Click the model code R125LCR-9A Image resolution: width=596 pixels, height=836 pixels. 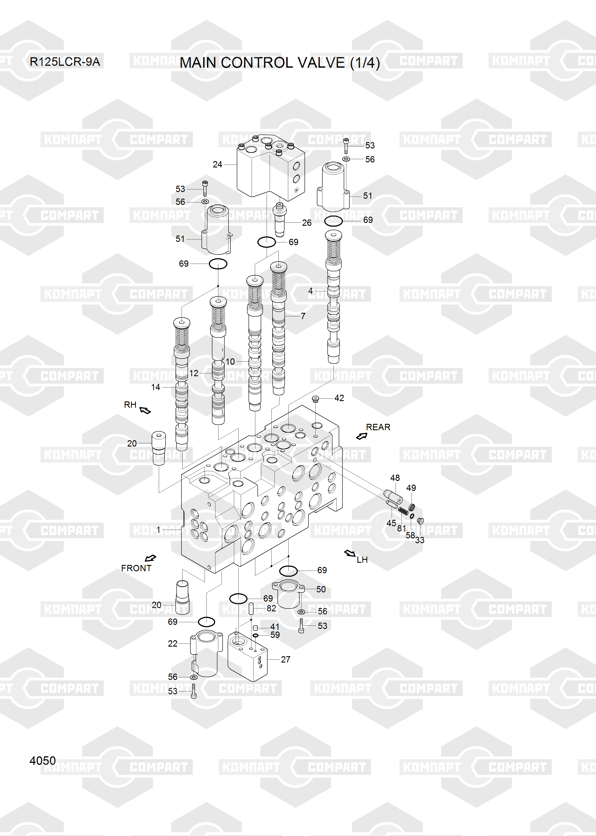(65, 62)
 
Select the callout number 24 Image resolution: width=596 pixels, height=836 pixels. (218, 165)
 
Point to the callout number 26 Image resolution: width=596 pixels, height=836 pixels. (307, 222)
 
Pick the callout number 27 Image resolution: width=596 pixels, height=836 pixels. (286, 659)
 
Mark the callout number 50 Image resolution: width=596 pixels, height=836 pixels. (321, 589)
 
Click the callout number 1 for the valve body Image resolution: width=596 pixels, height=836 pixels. (158, 530)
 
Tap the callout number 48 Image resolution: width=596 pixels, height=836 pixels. (395, 478)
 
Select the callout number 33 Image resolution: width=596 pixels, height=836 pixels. (420, 540)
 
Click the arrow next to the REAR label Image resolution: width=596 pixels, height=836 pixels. (361, 436)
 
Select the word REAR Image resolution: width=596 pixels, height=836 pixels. (378, 427)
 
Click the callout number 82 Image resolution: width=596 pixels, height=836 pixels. (271, 608)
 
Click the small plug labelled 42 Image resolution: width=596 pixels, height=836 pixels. (315, 399)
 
